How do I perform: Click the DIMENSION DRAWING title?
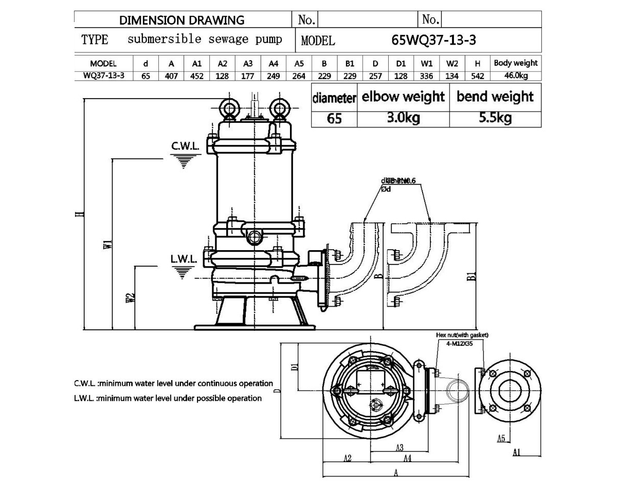[182, 20]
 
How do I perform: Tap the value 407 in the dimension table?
[171, 76]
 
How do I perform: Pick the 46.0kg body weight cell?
[515, 76]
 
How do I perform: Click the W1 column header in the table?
[427, 64]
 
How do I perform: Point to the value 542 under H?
[478, 76]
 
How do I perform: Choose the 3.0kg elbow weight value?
[403, 118]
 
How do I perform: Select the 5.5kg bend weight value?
[495, 118]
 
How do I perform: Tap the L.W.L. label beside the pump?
[184, 259]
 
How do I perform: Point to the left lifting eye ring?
[228, 108]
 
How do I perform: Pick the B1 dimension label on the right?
[472, 277]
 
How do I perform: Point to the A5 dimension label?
[502, 438]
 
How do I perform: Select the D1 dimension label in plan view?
[295, 367]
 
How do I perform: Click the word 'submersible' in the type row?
[165, 40]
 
